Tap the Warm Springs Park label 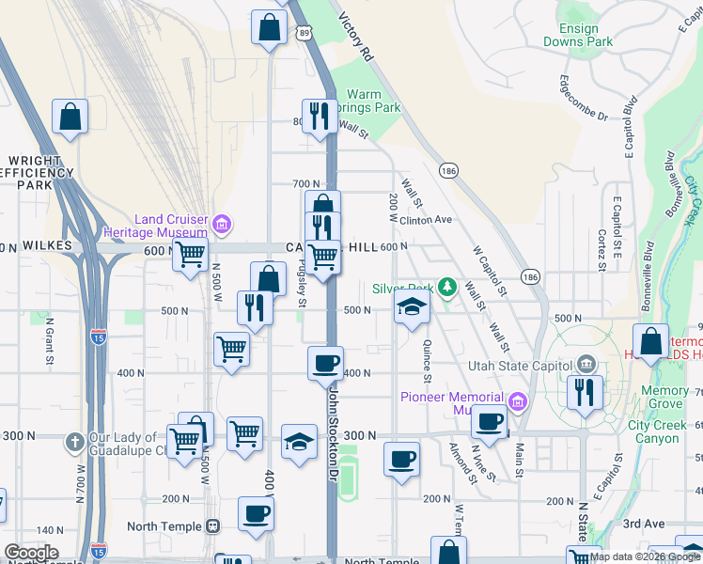[374, 101]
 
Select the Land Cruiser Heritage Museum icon [222, 224]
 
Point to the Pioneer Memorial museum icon [516, 402]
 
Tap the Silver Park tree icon [449, 287]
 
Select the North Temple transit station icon [212, 526]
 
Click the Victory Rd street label [355, 37]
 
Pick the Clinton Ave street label [427, 220]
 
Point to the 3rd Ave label [644, 524]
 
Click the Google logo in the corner [31, 553]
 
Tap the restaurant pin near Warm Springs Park [320, 117]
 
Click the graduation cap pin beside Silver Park [411, 308]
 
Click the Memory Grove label [664, 391]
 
